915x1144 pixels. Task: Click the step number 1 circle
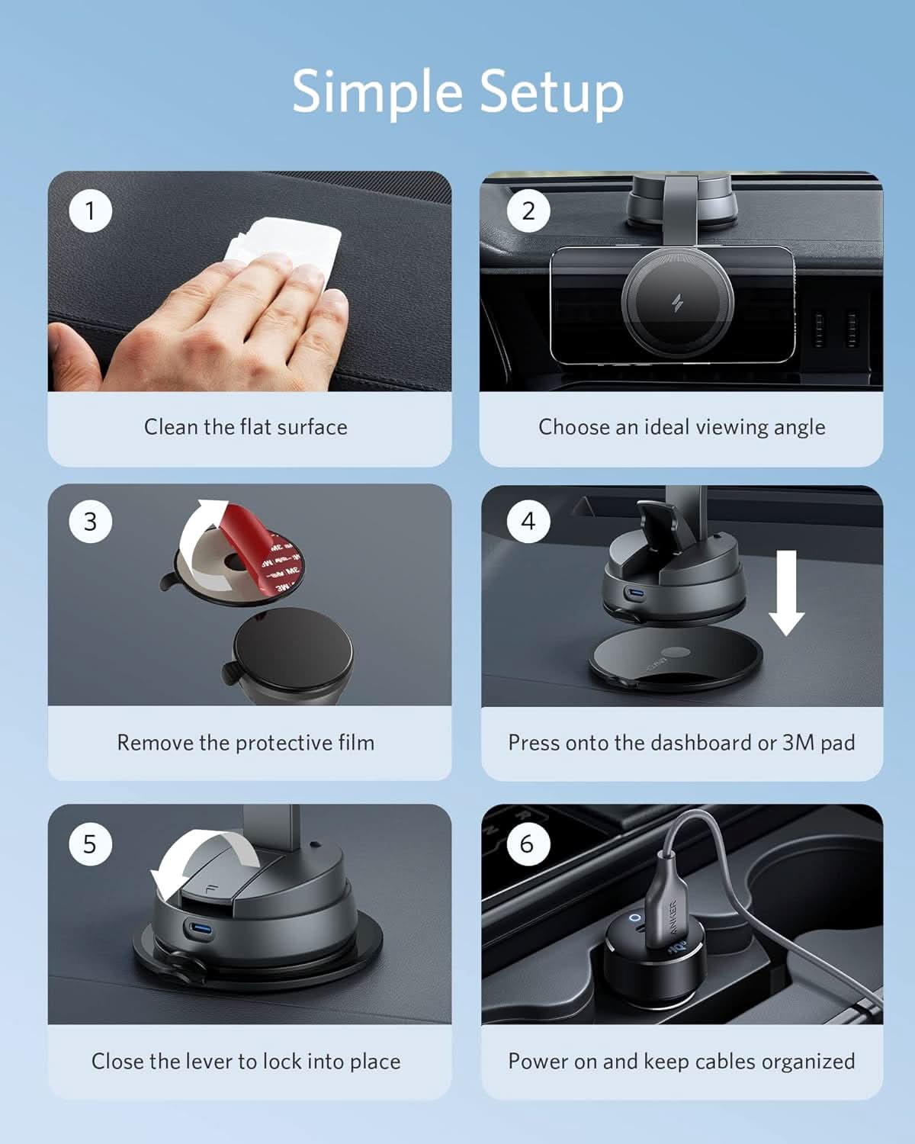[x=91, y=211]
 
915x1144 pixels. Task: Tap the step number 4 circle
[x=528, y=522]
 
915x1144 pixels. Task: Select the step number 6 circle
[x=528, y=844]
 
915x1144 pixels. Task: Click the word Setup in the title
[x=552, y=92]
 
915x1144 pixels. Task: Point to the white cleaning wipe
[x=282, y=249]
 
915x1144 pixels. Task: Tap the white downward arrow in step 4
[x=786, y=593]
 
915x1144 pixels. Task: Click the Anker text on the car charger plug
[x=673, y=917]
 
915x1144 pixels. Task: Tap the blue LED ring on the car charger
[x=635, y=917]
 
